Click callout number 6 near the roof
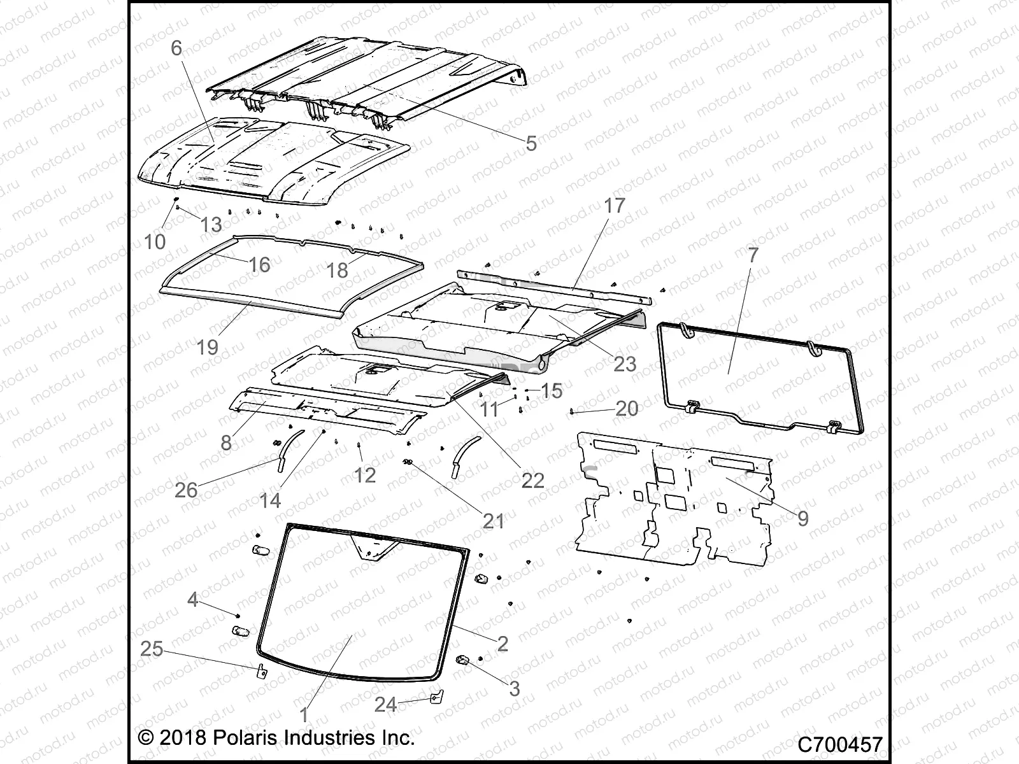(x=176, y=48)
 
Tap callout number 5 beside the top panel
(x=531, y=143)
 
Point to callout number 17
(x=615, y=206)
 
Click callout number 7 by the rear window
(x=753, y=255)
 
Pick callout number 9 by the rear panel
(x=803, y=518)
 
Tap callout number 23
(x=625, y=364)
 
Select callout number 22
(x=532, y=480)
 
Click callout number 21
(x=493, y=521)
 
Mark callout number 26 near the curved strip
(x=186, y=490)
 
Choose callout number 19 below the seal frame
(x=208, y=347)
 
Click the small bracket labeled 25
(x=260, y=672)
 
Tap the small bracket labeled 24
(x=435, y=698)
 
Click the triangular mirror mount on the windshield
(x=374, y=549)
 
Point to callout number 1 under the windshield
(x=304, y=715)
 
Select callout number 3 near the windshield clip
(x=515, y=688)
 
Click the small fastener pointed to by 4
(x=238, y=616)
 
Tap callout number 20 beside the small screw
(x=627, y=408)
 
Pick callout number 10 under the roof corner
(x=155, y=241)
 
